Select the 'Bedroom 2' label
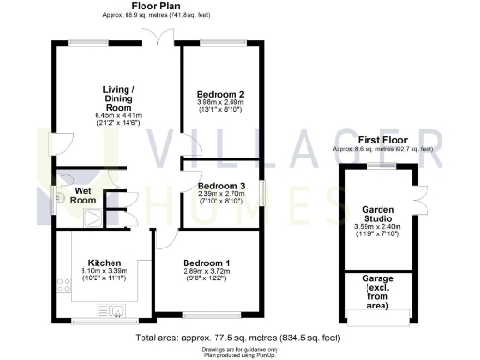tap(220, 95)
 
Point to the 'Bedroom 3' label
tap(220, 186)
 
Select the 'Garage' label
tap(379, 279)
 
